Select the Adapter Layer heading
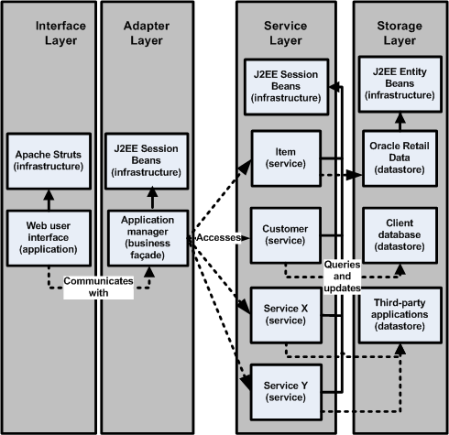[x=141, y=33]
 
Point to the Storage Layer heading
[x=398, y=33]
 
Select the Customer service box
[x=284, y=233]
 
